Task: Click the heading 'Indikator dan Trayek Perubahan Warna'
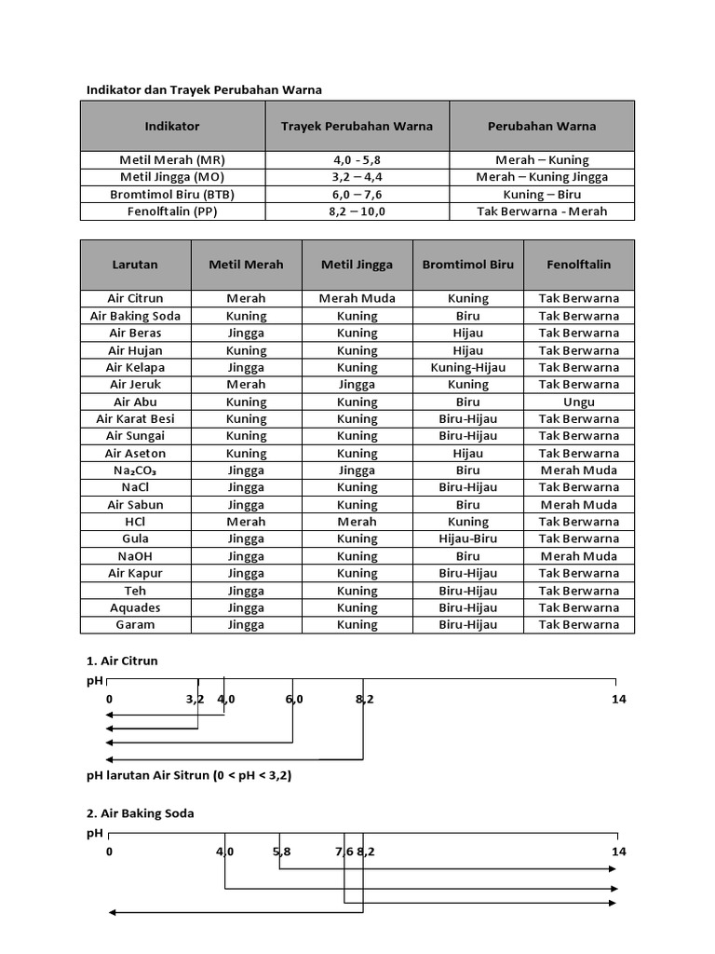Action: tap(204, 89)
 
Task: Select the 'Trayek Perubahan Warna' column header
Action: tap(357, 126)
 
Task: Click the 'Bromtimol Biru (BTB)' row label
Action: tap(172, 194)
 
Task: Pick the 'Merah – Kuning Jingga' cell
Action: tap(542, 177)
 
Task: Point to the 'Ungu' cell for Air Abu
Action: tap(578, 402)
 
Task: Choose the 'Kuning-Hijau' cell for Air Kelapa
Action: tap(467, 367)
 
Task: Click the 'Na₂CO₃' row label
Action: tap(135, 470)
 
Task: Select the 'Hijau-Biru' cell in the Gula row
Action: tap(467, 538)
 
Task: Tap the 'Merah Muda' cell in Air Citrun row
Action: tap(357, 298)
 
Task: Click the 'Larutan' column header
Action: tap(135, 265)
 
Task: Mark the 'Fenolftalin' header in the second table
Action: tap(578, 265)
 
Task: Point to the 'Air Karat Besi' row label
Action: tap(135, 419)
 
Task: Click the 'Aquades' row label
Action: tap(135, 607)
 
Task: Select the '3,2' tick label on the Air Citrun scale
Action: tap(195, 699)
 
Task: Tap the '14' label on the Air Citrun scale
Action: tap(619, 699)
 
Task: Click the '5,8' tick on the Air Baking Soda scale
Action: tap(281, 852)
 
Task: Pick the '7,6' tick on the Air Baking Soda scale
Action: tap(344, 852)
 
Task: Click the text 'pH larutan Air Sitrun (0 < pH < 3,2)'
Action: tap(189, 775)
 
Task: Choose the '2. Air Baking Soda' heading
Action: tap(141, 813)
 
